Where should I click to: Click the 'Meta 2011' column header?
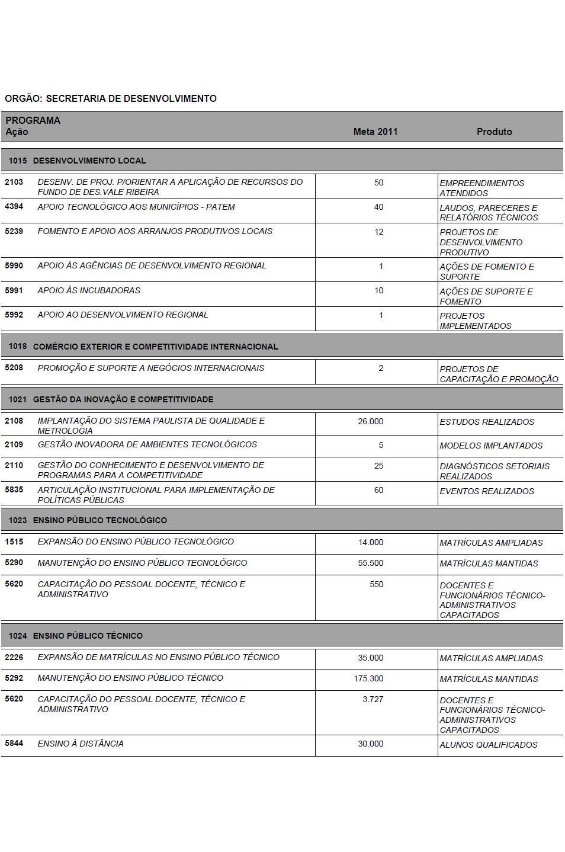375,132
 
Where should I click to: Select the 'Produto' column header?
494,132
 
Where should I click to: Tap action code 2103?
14,182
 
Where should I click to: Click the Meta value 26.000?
370,421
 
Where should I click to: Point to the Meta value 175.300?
368,678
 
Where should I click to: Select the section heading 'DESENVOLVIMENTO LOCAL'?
89,161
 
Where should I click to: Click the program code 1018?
18,346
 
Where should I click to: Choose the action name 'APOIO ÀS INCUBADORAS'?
89,290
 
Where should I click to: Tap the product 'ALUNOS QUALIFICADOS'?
489,745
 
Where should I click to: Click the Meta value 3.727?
373,699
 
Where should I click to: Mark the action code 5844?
14,744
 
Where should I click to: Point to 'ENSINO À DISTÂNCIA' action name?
81,744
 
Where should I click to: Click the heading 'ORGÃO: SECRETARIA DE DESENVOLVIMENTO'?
111,98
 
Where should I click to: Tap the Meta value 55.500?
370,563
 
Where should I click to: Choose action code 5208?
14,368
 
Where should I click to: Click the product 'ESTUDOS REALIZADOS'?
487,422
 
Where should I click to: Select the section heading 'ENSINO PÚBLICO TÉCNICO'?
88,636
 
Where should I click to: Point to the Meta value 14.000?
370,542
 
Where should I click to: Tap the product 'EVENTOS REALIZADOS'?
487,491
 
